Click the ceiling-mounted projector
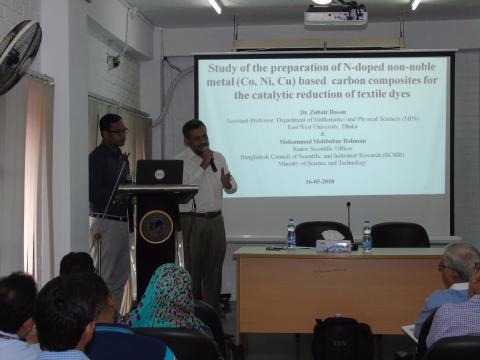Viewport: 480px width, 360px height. [335, 14]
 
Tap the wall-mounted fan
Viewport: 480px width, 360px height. [18, 54]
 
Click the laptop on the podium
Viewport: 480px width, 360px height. [160, 172]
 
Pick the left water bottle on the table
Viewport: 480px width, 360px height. [291, 234]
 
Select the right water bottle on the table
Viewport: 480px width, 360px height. [367, 235]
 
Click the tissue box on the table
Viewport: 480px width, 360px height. [333, 241]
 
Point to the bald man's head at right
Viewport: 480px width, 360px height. [461, 262]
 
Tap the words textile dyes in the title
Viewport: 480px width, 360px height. [381, 94]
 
